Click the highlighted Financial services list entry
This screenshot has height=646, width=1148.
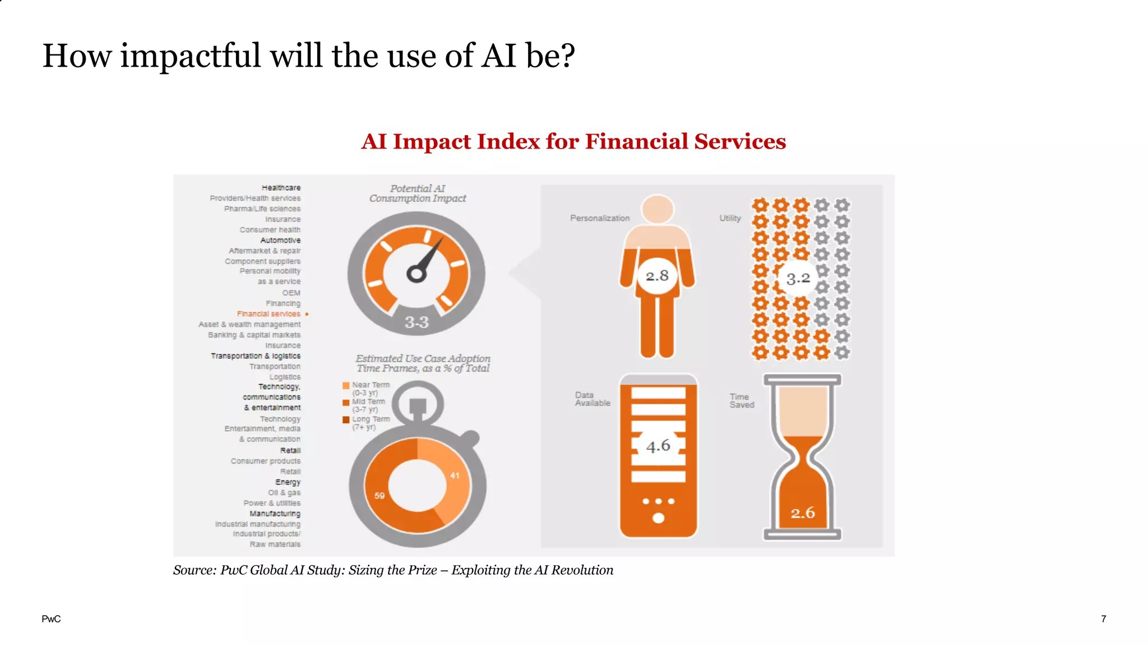(x=269, y=314)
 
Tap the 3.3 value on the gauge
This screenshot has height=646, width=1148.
(x=416, y=322)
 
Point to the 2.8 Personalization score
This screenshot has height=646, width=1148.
(x=657, y=276)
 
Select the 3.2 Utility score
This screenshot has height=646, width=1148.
(x=798, y=278)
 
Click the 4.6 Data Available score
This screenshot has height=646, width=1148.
(x=658, y=446)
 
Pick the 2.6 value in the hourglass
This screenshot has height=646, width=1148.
(x=803, y=513)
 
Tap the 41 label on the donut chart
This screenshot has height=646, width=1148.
(x=455, y=476)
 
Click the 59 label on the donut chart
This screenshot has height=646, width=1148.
(x=379, y=496)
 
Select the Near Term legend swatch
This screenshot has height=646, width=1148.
(x=346, y=385)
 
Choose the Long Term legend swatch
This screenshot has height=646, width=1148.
(x=346, y=419)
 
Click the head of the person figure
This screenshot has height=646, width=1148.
(x=658, y=209)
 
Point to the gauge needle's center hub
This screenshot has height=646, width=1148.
(x=416, y=274)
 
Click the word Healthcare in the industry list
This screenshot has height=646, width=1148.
(x=281, y=188)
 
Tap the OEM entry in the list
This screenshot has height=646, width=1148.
(x=291, y=293)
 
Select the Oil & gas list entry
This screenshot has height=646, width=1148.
(x=284, y=493)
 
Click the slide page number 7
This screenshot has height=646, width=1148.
(x=1103, y=619)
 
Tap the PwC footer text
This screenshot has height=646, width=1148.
(x=51, y=619)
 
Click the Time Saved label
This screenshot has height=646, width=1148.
(x=742, y=400)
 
